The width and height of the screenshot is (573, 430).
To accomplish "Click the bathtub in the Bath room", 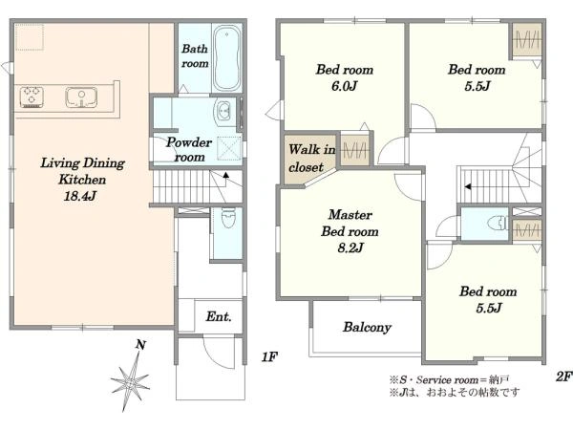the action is point(226,58).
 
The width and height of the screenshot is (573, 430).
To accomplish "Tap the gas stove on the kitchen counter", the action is point(32,97).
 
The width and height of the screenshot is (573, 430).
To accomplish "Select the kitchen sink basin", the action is point(81,97).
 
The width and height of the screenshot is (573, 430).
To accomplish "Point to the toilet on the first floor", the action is point(228,217).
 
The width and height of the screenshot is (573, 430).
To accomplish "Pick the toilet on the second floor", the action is point(499,223).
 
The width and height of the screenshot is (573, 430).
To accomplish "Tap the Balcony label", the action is point(367,327).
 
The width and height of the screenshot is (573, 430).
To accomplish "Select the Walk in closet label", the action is point(311,158).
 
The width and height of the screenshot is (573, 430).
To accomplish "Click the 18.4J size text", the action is point(80,196).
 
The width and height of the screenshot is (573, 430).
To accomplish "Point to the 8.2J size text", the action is point(350,247).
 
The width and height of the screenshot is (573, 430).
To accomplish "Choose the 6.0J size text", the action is point(344,86).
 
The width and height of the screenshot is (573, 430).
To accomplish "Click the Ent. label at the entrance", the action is point(219,316).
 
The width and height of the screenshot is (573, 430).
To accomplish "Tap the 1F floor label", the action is point(269,356).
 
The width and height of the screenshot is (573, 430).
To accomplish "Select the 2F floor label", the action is point(563,376).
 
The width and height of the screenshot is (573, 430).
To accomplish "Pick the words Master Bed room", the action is point(350,223).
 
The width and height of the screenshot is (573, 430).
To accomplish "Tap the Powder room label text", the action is point(189,150).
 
